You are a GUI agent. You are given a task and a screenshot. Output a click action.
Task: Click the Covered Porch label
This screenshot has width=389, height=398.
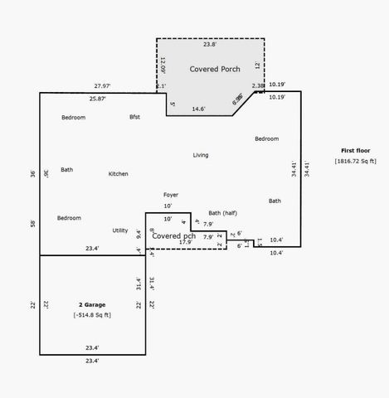point(214,69)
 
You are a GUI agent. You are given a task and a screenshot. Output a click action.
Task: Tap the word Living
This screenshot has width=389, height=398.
point(201,155)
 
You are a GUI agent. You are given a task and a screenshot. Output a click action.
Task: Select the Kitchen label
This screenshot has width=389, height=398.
point(119,174)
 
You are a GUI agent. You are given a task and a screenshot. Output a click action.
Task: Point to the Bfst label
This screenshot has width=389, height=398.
point(134,117)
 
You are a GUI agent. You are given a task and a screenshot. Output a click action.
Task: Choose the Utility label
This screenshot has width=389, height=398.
point(120,231)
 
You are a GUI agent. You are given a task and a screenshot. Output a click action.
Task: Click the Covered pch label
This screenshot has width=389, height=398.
point(175,236)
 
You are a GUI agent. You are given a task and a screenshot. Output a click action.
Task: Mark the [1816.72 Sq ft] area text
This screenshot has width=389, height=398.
point(355,161)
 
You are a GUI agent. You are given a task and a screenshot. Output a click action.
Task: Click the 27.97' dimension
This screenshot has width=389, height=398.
point(102,86)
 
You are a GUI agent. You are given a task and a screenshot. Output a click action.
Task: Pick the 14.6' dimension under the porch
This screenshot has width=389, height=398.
point(199,109)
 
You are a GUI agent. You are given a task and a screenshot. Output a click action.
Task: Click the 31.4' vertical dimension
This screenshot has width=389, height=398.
point(139,283)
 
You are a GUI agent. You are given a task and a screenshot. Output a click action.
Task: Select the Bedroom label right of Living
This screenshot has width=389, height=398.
point(266,138)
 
